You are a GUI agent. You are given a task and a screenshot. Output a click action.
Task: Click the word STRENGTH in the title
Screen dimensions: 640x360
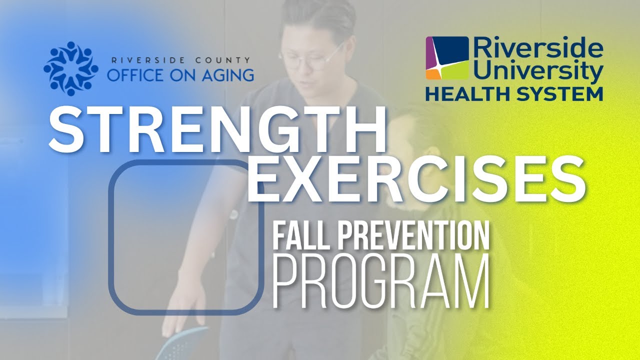[217, 130]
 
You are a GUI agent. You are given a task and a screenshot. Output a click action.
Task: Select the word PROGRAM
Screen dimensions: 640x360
[381, 281]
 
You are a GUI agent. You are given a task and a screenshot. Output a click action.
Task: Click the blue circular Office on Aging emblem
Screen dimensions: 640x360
[71, 68]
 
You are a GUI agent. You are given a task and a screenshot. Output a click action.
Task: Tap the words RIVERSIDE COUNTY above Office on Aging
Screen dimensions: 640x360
[180, 60]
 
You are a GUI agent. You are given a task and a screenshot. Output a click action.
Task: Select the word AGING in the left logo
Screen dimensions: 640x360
[224, 75]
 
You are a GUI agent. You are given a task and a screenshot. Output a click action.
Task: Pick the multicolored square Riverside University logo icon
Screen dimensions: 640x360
[447, 57]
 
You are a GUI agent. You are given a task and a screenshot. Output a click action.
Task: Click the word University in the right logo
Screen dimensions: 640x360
[540, 71]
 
